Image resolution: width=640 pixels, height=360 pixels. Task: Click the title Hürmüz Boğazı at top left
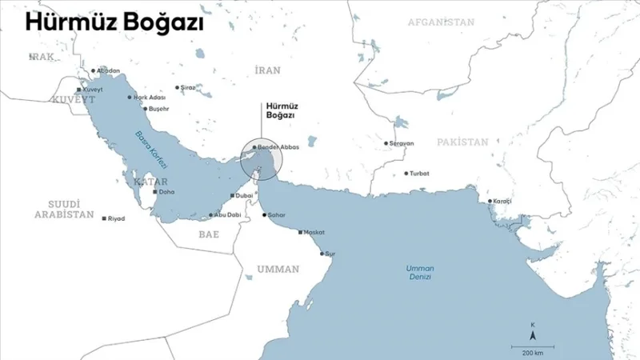(x=114, y=23)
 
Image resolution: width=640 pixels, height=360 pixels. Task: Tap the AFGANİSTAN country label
(x=441, y=22)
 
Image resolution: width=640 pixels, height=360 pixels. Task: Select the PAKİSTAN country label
(x=462, y=142)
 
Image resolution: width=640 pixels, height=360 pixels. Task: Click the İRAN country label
(x=267, y=70)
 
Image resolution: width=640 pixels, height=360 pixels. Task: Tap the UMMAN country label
(x=278, y=269)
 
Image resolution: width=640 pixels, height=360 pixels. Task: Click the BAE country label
(x=209, y=234)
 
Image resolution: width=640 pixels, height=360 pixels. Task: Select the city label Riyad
(x=117, y=218)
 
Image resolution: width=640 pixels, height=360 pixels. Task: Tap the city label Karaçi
(x=502, y=201)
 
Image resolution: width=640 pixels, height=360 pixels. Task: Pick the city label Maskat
(x=314, y=233)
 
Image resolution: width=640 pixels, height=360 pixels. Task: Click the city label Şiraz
(x=187, y=87)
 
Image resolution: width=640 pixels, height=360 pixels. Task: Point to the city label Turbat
(x=419, y=174)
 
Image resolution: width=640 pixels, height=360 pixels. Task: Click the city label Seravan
(x=401, y=144)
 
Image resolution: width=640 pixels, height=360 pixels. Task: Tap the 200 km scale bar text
(x=533, y=352)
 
